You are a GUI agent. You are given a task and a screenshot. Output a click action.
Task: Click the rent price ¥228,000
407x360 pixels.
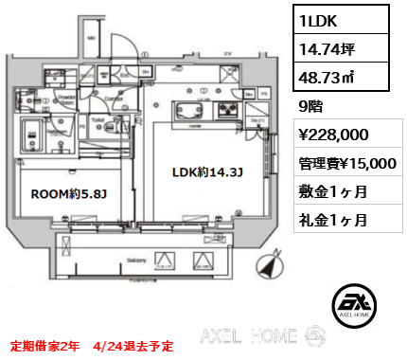tap(327, 135)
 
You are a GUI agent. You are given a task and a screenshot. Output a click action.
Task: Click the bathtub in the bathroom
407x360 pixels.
tap(37, 135)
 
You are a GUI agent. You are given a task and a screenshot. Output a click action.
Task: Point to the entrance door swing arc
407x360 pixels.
tap(121, 49)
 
